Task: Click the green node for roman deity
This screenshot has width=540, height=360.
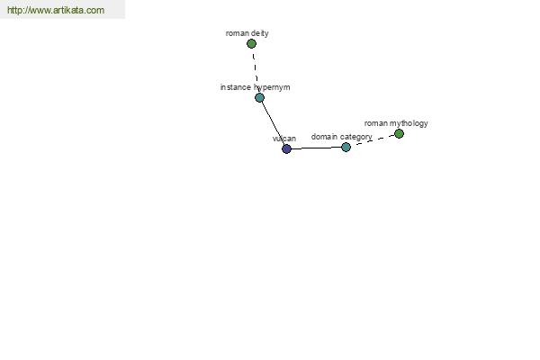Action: (251, 44)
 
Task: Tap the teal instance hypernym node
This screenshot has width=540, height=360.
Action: (260, 98)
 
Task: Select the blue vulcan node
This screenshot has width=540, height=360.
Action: (286, 148)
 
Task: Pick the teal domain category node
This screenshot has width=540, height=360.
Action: (346, 147)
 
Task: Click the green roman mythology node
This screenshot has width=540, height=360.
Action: (399, 134)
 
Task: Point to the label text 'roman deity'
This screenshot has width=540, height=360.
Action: (247, 33)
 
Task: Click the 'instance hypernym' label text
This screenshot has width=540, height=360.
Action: (256, 87)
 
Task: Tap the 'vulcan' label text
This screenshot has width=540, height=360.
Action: (284, 139)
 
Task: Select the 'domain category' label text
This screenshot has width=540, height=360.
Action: (341, 137)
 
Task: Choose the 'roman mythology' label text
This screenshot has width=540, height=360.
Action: (396, 123)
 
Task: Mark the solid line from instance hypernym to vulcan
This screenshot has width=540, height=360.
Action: (273, 123)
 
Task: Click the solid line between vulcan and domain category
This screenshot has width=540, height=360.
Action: (316, 148)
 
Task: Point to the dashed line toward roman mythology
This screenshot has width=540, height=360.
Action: (375, 139)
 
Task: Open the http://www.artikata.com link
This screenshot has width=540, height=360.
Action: (56, 10)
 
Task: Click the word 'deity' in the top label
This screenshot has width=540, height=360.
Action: (260, 33)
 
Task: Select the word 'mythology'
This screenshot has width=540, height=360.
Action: (409, 123)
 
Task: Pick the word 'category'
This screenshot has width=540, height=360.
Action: (356, 137)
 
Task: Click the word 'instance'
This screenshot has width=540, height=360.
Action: (236, 87)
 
